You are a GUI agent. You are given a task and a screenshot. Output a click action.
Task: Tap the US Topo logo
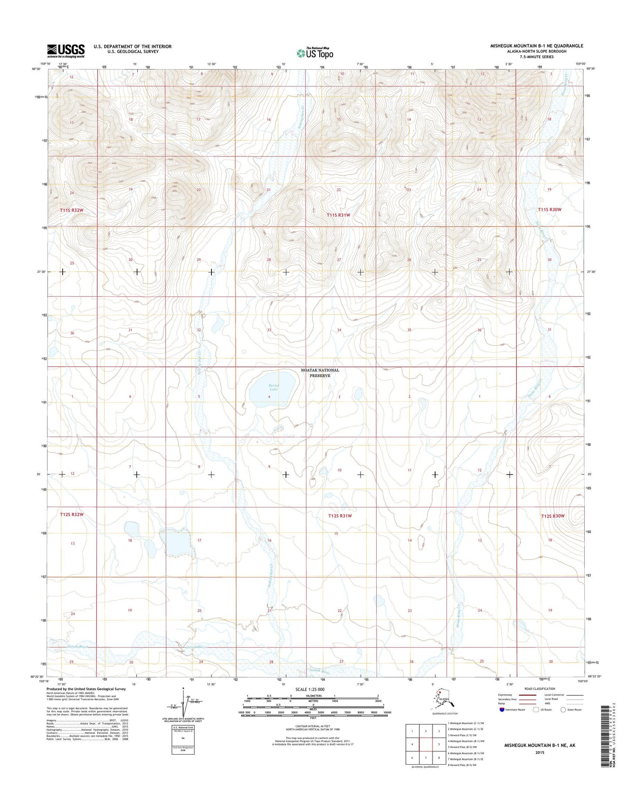tap(315, 53)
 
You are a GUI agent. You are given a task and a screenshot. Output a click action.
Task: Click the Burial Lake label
tap(273, 387)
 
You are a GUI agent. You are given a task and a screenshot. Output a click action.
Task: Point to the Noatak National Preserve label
tap(320, 373)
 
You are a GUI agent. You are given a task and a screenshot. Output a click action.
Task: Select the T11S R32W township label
tap(72, 210)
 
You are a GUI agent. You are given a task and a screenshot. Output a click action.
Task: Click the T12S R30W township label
tap(553, 516)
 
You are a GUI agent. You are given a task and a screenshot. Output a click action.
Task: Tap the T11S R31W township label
tap(339, 215)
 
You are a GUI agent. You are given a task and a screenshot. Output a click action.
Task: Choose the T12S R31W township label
tap(340, 516)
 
